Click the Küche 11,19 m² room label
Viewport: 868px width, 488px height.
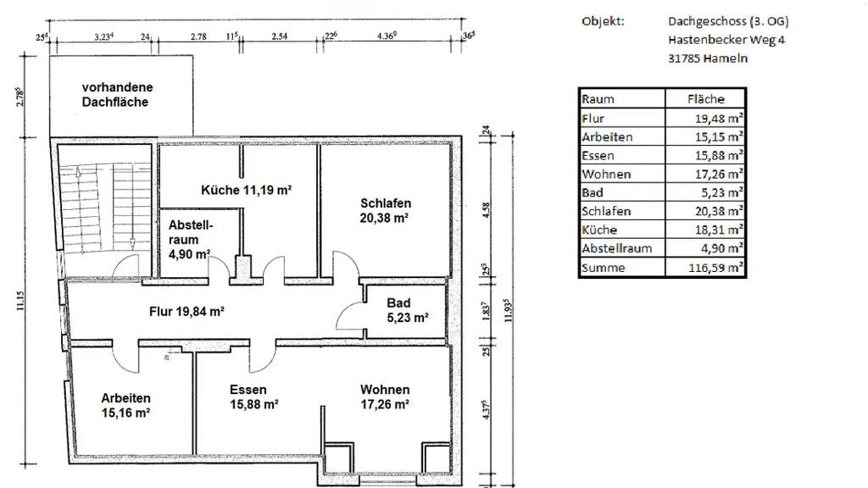[x=247, y=191]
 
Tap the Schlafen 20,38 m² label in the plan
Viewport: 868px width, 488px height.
[x=385, y=211]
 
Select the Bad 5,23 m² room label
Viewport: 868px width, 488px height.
[x=408, y=310]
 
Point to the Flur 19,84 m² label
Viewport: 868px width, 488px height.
[x=186, y=312]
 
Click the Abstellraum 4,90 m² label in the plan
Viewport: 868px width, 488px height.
[x=189, y=240]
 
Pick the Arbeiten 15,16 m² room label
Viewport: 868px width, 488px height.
[x=125, y=406]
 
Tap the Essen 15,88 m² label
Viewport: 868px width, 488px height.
[x=254, y=397]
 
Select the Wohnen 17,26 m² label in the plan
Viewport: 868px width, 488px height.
[x=386, y=397]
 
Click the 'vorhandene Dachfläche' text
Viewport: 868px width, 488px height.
[x=117, y=95]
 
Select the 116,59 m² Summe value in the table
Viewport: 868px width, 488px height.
[x=715, y=268]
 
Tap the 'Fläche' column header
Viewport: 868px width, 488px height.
[x=706, y=99]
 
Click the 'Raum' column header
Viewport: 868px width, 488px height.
[x=598, y=99]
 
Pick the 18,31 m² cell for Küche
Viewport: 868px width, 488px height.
[x=719, y=230]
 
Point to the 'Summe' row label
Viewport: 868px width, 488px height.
[x=604, y=268]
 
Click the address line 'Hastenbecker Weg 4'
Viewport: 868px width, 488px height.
[x=726, y=40]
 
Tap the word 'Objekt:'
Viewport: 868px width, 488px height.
[x=603, y=21]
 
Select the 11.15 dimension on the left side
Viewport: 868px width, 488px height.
[x=21, y=301]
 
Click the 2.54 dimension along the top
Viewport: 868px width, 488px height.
[x=280, y=36]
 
